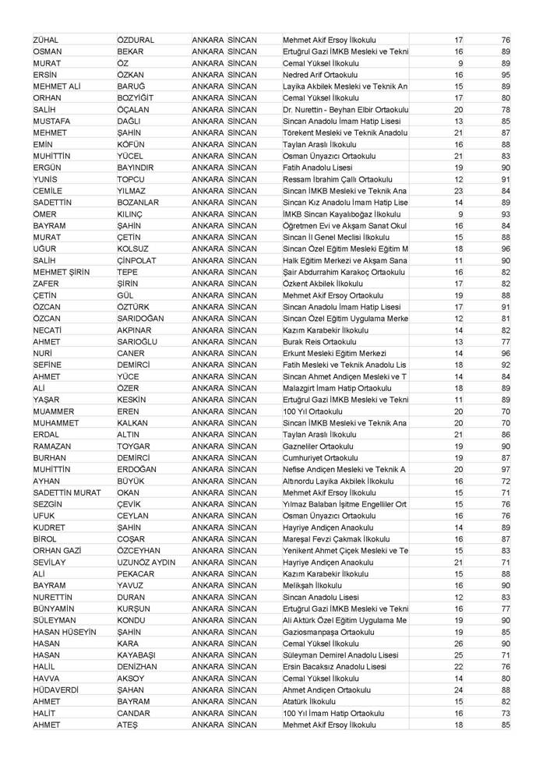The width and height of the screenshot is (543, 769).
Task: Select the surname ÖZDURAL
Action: point(136,40)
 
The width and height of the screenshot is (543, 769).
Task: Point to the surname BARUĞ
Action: point(132,86)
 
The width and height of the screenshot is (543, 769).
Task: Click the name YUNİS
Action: point(46,179)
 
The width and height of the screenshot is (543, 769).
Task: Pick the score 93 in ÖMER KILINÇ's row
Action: point(506,214)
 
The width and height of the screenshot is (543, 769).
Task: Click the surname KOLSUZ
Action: point(134,249)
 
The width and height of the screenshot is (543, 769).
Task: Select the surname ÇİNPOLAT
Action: point(138,261)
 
